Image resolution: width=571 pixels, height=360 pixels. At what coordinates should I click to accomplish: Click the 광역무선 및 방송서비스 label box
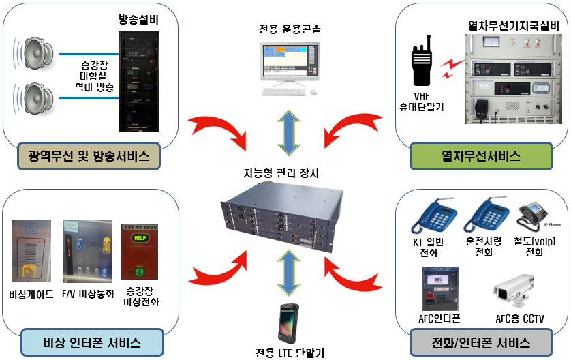click(x=90, y=157)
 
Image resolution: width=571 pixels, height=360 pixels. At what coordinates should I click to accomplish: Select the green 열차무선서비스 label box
click(x=480, y=157)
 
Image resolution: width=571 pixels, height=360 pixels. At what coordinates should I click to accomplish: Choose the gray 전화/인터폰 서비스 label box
click(x=480, y=342)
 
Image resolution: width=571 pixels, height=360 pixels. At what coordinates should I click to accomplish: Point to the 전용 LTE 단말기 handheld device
click(x=285, y=324)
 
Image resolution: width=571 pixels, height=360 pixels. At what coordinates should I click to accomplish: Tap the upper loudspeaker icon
click(x=37, y=52)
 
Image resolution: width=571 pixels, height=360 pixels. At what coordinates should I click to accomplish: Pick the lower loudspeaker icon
click(x=37, y=97)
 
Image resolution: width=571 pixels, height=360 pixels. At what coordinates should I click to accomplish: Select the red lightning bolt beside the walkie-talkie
click(x=450, y=66)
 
